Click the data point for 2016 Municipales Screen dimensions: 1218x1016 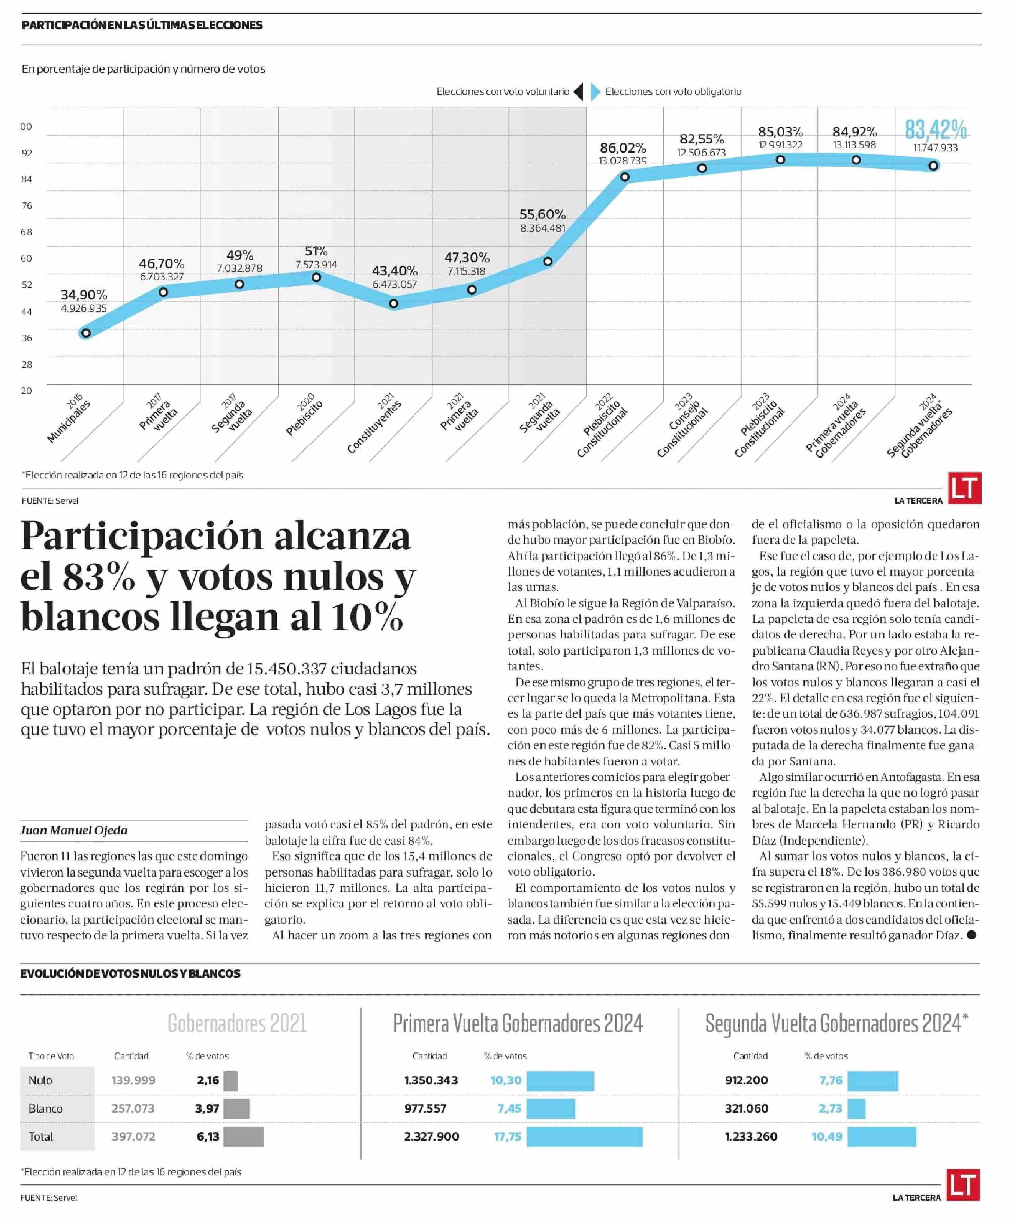pyautogui.click(x=86, y=333)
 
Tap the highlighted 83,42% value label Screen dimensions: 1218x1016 pyautogui.click(x=935, y=129)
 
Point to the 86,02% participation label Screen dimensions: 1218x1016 pyautogui.click(x=623, y=148)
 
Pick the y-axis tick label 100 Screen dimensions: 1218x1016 pyautogui.click(x=25, y=126)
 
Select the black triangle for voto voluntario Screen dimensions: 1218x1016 pyautogui.click(x=578, y=92)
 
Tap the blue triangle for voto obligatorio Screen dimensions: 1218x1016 pyautogui.click(x=595, y=92)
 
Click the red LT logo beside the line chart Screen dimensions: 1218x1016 pyautogui.click(x=964, y=488)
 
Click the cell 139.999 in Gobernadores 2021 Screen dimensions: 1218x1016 pyautogui.click(x=134, y=1080)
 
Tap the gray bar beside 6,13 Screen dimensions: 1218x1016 pyautogui.click(x=243, y=1136)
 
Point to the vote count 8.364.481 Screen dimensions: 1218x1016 pyautogui.click(x=543, y=228)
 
